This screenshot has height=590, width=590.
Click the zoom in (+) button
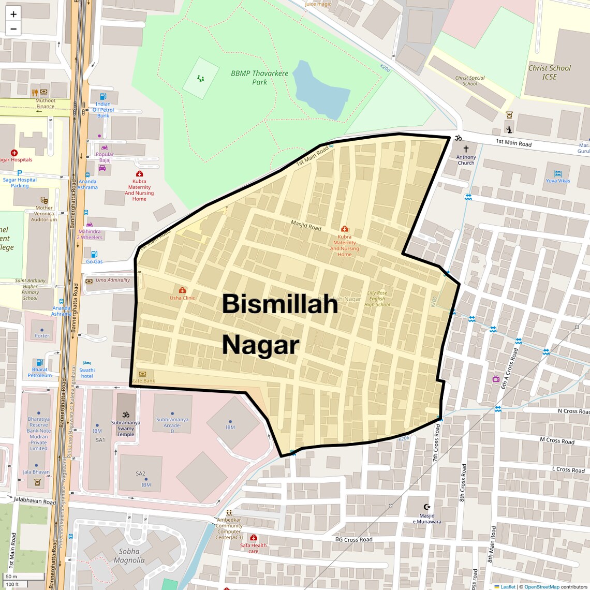[13, 14]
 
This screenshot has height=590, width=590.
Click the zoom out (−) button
[13, 29]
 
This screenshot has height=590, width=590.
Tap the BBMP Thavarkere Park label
[259, 78]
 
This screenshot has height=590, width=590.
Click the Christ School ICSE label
[549, 72]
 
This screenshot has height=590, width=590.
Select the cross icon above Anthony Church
[466, 149]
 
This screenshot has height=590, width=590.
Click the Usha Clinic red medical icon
[182, 290]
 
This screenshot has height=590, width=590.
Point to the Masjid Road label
[306, 226]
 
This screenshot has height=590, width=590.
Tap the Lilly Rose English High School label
[377, 299]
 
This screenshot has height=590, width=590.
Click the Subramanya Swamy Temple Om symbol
[125, 414]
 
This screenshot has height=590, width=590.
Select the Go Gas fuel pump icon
[94, 254]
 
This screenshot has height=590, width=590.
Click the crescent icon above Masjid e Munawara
[427, 507]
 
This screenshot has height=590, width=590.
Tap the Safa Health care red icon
[254, 537]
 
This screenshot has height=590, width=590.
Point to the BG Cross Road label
[353, 540]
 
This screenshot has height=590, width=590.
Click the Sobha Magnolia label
[129, 556]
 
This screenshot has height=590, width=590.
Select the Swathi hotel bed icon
[87, 363]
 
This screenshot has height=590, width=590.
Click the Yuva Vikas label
[558, 181]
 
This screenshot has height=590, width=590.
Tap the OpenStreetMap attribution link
[541, 587]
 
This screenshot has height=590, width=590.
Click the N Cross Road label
[573, 411]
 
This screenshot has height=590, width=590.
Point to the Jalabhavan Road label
[35, 502]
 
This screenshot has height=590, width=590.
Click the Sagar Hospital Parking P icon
[20, 173]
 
